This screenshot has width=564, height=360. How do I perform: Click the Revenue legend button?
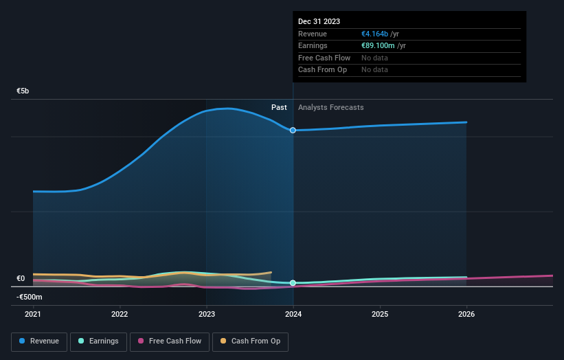click(39, 341)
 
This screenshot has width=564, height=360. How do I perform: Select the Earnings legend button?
click(98, 341)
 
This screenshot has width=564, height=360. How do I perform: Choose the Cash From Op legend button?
click(250, 341)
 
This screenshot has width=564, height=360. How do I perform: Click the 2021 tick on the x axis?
click(33, 315)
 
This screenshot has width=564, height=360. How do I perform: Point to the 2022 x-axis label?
click(120, 315)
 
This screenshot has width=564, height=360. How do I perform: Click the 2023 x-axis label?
click(206, 315)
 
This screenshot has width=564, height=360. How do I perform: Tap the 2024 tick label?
click(293, 315)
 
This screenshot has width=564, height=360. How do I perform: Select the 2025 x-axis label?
click(380, 315)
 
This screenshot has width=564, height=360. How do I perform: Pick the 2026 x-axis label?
click(466, 315)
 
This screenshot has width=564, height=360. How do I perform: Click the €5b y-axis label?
click(23, 91)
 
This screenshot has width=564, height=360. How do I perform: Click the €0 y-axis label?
click(21, 278)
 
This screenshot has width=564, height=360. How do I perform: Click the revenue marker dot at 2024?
click(293, 130)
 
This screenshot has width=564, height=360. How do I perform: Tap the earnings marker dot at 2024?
click(293, 283)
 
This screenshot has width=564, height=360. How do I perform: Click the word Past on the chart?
click(279, 107)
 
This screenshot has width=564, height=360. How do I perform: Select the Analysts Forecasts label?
click(330, 107)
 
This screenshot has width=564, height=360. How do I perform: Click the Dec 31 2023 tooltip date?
click(319, 21)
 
